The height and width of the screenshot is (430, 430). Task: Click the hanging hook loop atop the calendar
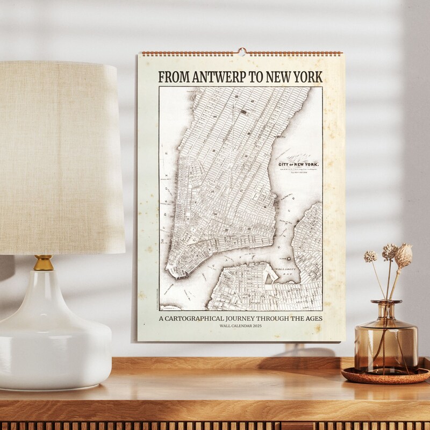(241, 52)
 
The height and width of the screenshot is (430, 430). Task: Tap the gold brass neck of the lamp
(44, 263)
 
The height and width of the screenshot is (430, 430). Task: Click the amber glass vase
(386, 339)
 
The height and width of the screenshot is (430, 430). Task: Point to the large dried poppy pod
(404, 255)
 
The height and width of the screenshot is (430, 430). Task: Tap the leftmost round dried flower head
(370, 257)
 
